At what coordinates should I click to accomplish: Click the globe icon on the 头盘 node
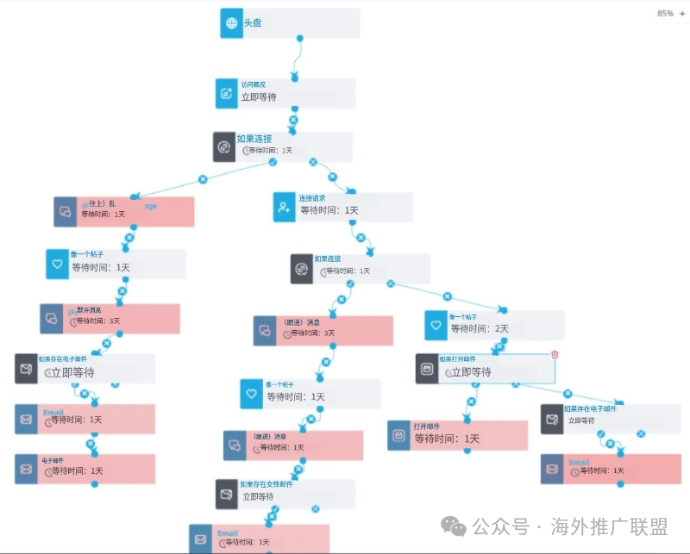pos(232,23)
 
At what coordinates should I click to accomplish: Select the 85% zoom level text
pos(665,14)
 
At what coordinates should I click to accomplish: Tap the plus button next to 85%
pos(681,14)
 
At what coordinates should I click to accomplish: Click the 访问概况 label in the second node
pos(253,84)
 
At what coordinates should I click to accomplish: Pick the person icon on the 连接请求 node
pos(285,207)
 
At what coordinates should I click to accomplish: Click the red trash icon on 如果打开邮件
pos(555,354)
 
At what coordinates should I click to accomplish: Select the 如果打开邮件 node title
pos(462,358)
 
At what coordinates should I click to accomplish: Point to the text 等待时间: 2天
pos(480,328)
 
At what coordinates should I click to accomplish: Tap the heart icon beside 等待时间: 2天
pos(436,326)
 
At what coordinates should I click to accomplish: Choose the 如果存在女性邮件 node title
pos(267,484)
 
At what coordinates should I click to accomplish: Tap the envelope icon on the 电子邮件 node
pos(26,469)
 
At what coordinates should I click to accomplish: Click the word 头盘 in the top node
pos(252,23)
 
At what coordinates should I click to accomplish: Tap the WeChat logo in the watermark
pos(452,524)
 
